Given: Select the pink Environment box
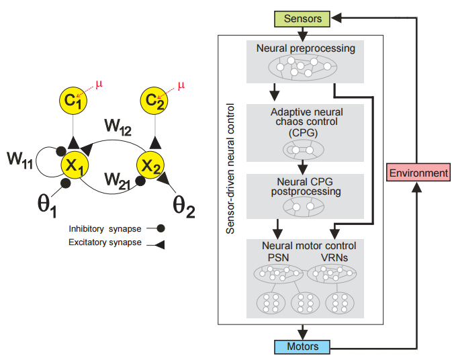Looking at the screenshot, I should tap(420, 173).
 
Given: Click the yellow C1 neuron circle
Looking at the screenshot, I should tap(72, 101).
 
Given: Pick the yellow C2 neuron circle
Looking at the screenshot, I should tap(154, 101).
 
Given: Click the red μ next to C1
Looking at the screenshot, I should tap(99, 84).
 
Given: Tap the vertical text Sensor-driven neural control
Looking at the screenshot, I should tap(230, 168).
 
